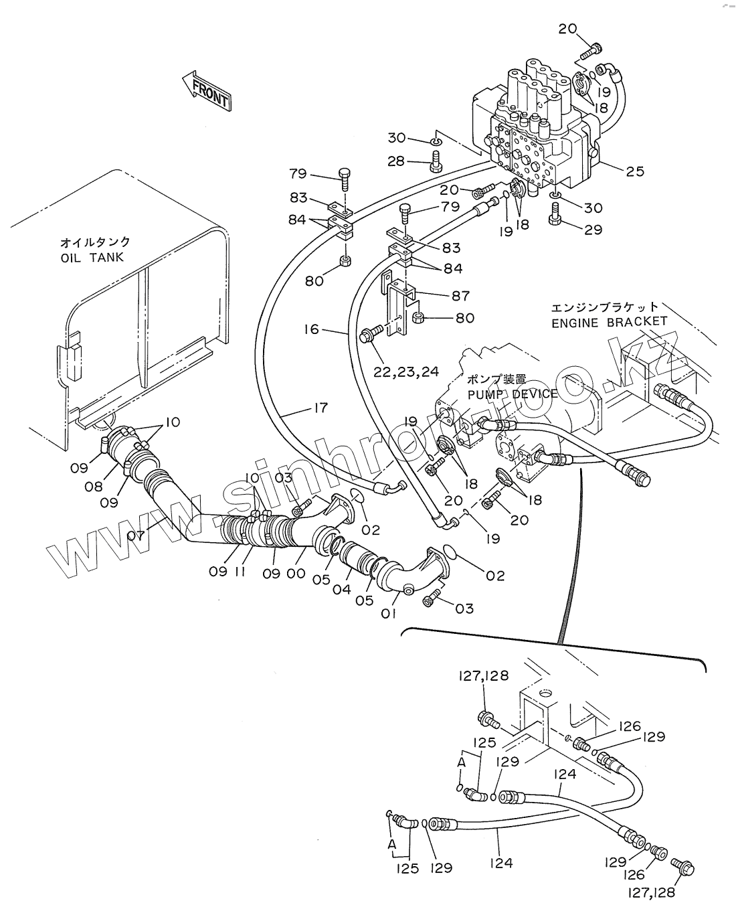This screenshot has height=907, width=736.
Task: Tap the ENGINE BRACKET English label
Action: [609, 322]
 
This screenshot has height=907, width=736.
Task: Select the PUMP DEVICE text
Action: [513, 394]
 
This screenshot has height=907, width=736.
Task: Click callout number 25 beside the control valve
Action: [635, 171]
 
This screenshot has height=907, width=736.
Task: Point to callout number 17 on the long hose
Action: [320, 407]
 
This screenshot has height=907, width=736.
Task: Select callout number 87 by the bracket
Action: [460, 295]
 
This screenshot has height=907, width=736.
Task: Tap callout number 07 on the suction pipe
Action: [136, 535]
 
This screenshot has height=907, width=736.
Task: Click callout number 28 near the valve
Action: [397, 161]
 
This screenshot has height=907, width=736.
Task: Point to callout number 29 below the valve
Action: [592, 230]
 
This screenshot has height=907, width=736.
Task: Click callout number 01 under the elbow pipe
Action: [390, 612]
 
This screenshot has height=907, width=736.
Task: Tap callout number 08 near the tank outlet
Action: [94, 487]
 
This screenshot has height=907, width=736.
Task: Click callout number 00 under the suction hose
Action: [295, 573]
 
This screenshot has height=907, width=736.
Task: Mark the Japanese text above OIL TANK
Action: [95, 242]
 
